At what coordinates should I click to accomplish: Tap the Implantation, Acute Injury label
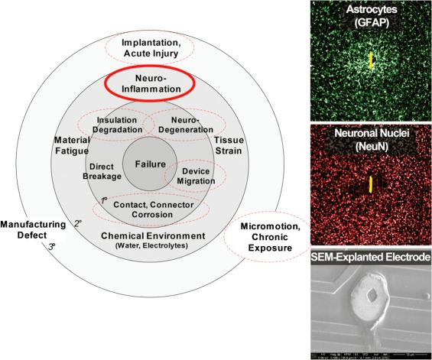pyautogui.click(x=154, y=47)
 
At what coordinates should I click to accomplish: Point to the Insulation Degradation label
pyautogui.click(x=117, y=125)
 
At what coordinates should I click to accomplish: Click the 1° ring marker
pyautogui.click(x=104, y=200)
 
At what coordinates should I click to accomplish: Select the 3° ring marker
pyautogui.click(x=52, y=247)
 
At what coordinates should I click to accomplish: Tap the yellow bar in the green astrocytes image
pyautogui.click(x=372, y=60)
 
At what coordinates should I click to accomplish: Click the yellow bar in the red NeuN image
pyautogui.click(x=372, y=183)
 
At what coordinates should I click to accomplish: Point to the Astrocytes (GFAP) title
pyautogui.click(x=372, y=16)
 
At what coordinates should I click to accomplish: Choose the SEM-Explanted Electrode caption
pyautogui.click(x=372, y=259)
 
